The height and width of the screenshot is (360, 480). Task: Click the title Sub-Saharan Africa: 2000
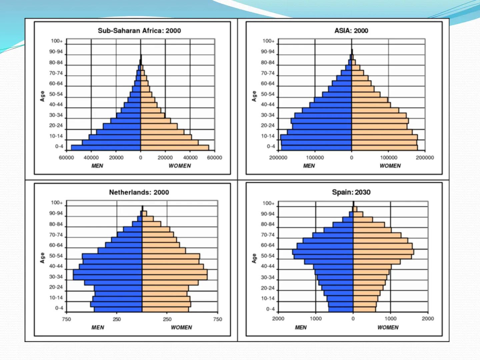pos(139,31)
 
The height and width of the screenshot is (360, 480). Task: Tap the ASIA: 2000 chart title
pos(351,31)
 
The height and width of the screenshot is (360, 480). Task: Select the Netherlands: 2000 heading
pos(139,192)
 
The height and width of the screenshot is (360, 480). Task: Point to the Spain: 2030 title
pos(351,192)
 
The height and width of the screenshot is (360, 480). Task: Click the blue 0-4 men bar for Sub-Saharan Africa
pos(106,148)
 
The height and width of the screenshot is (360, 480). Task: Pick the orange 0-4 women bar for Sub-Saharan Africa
pos(175,148)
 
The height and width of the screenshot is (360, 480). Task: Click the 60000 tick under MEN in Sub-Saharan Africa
pos(66,158)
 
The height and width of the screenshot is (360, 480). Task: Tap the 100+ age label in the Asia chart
pos(269,41)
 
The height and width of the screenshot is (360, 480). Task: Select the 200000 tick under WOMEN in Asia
pos(425,158)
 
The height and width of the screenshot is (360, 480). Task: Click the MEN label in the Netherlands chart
pos(98,327)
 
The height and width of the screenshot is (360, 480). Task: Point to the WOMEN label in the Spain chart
pos(388,327)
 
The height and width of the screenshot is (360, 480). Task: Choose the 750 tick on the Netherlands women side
pos(217,319)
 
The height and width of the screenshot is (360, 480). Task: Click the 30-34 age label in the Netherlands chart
pos(56,277)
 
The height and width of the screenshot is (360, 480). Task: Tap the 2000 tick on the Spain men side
pos(278,319)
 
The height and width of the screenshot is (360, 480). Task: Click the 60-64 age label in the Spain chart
pos(268,245)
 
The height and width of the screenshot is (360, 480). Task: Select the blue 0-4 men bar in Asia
pos(317,148)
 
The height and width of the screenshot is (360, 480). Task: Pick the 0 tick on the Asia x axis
pos(352,158)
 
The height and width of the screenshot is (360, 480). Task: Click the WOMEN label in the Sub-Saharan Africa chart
pos(180,166)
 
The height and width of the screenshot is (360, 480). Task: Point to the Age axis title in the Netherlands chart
pos(42,258)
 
